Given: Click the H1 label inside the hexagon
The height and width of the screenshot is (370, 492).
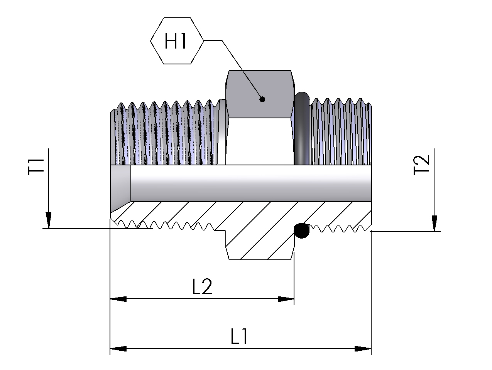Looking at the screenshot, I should click(x=176, y=41).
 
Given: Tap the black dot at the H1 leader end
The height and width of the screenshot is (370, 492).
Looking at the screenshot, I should click(x=262, y=99).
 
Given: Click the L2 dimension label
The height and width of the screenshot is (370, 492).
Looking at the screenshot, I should click(x=202, y=286).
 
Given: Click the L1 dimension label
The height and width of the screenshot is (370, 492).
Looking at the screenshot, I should click(x=239, y=336).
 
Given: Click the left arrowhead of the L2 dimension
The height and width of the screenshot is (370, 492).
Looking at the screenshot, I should click(x=118, y=299).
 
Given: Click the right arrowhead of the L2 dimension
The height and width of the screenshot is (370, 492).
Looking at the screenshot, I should click(x=286, y=299).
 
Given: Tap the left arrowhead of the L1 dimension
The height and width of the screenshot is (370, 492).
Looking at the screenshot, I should click(x=118, y=349).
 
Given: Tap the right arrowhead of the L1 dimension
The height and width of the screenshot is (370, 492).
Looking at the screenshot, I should click(x=363, y=349).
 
